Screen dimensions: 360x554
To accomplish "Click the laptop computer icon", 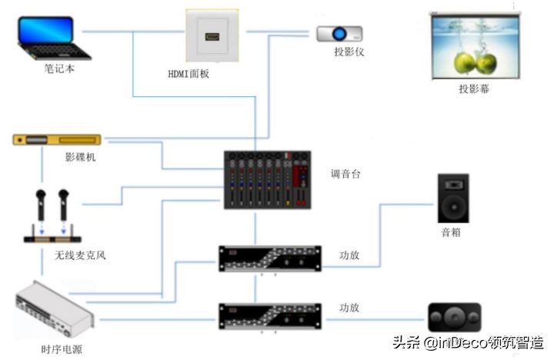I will click(52, 38).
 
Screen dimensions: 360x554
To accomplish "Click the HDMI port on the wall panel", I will click(212, 36).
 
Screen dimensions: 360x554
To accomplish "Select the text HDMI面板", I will click(189, 74).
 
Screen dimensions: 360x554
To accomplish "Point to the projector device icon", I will click(339, 33).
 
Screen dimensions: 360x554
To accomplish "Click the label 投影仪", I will click(349, 52).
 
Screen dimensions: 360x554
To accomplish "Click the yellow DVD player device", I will click(57, 140).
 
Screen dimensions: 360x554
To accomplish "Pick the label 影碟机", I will click(80, 158).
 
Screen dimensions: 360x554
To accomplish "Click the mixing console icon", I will click(267, 180).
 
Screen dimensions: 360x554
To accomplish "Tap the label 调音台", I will click(345, 174).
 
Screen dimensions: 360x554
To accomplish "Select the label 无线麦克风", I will click(80, 255).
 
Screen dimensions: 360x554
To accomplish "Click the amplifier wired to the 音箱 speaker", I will click(269, 258).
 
